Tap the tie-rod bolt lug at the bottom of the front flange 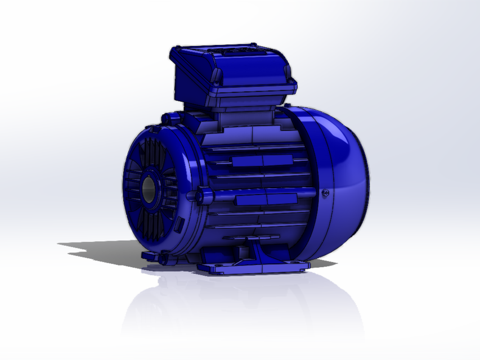(164, 259)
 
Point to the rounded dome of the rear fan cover (343, 186)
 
